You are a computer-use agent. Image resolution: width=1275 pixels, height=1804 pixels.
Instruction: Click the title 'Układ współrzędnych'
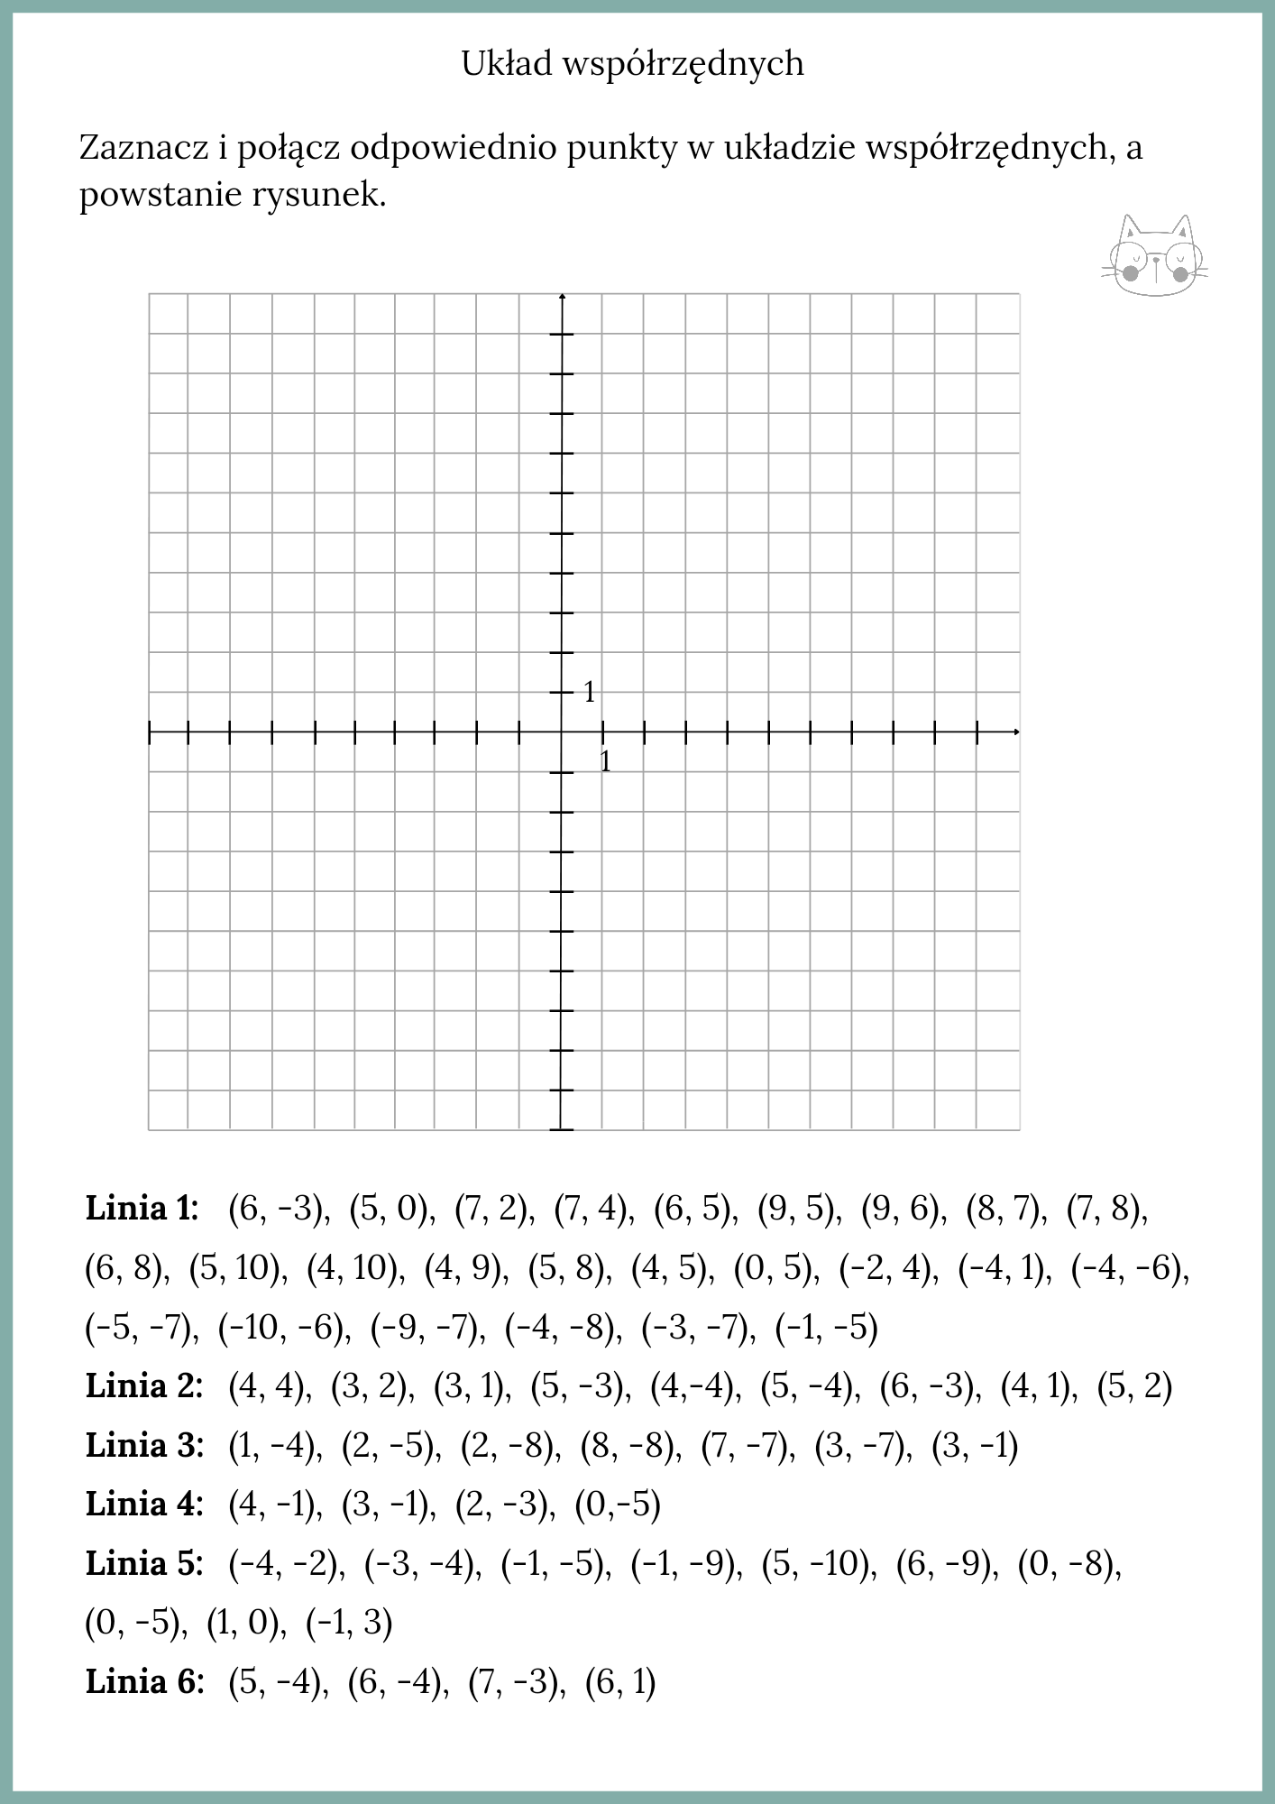point(632,64)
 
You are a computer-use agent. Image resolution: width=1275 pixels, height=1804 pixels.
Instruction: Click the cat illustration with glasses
point(1155,256)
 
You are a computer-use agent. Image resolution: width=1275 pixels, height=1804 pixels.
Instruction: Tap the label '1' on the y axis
point(590,693)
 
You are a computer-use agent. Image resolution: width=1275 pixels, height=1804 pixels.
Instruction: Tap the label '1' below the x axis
point(605,762)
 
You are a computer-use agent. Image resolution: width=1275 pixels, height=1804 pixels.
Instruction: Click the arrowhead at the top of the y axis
point(562,297)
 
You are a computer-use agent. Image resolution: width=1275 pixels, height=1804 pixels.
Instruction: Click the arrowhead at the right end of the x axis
point(1016,732)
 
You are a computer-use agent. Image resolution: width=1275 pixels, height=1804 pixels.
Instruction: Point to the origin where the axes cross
point(562,732)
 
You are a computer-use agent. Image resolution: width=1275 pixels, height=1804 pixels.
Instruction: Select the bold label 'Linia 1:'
point(142,1208)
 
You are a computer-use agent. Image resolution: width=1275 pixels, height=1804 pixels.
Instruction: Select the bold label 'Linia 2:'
point(144,1385)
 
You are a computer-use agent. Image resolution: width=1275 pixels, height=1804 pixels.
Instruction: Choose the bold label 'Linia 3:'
point(144,1445)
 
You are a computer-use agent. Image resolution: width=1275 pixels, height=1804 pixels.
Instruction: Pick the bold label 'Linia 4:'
point(144,1504)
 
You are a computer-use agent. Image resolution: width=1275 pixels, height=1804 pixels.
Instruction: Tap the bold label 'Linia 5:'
point(144,1563)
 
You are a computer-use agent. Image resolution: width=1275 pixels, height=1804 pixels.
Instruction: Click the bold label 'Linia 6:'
point(144,1681)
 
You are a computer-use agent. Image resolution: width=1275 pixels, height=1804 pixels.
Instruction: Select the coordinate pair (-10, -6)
point(284,1327)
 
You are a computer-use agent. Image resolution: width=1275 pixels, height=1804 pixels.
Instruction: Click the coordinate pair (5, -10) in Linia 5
point(819,1563)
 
